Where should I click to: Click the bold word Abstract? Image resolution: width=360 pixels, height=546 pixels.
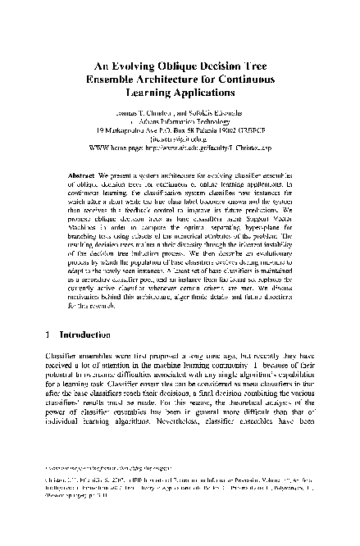[81, 176]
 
